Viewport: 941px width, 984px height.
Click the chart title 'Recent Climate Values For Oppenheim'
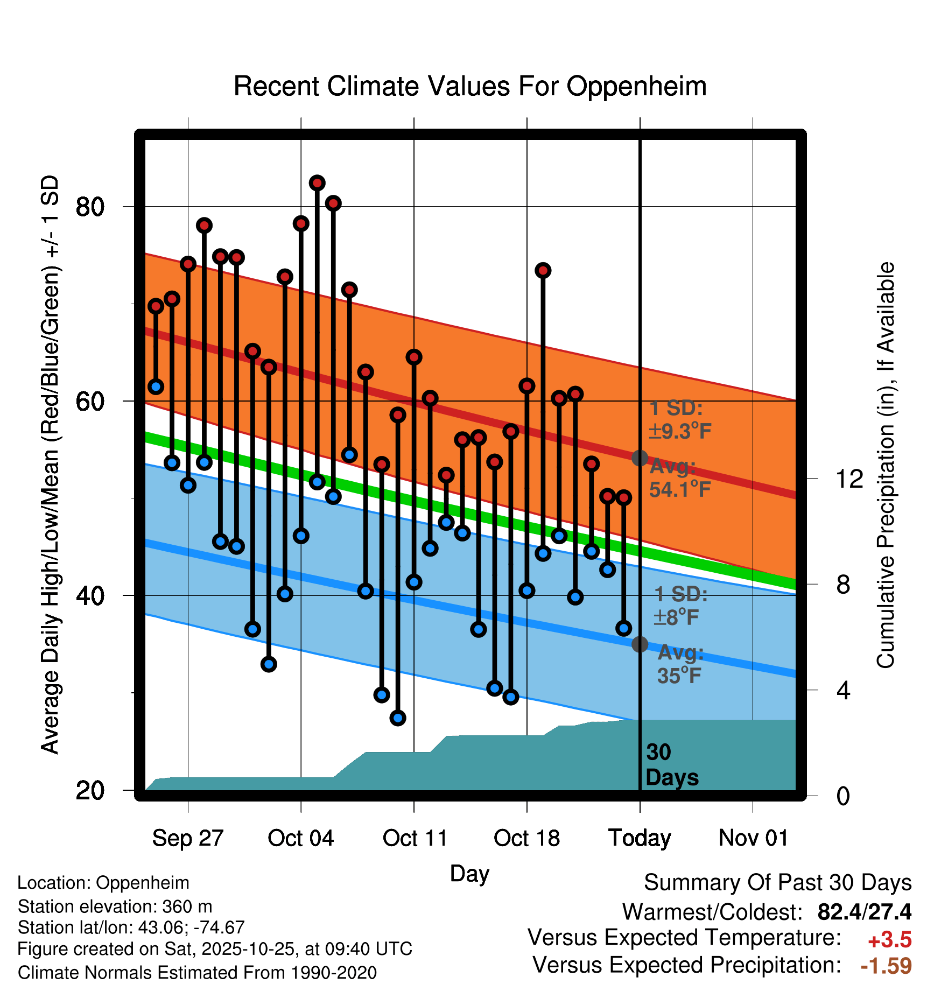click(x=470, y=86)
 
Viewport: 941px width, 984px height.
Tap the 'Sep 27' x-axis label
click(x=187, y=838)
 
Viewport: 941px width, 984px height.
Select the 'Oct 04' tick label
click(x=300, y=838)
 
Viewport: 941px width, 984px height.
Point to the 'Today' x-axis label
click(x=640, y=838)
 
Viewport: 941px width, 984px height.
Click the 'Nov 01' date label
click(x=753, y=838)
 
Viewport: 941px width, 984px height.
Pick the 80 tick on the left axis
click(x=90, y=207)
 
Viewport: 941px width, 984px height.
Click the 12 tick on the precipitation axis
click(x=849, y=479)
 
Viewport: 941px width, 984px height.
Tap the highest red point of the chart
click(x=317, y=183)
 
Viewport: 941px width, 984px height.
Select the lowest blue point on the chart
click(x=398, y=718)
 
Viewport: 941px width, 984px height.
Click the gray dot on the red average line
click(x=640, y=458)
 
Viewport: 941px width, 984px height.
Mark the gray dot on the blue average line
click(x=640, y=644)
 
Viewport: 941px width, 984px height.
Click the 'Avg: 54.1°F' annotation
click(x=679, y=478)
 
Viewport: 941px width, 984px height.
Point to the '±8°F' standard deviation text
click(x=676, y=617)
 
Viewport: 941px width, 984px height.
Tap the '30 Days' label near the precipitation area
click(x=671, y=765)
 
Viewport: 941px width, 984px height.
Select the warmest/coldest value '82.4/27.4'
click(x=864, y=912)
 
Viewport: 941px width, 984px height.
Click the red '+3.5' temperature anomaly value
click(x=889, y=940)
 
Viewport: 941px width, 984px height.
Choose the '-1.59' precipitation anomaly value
click(x=886, y=966)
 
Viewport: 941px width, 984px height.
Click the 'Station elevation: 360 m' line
click(x=115, y=906)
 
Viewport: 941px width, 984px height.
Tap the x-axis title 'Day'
click(x=469, y=873)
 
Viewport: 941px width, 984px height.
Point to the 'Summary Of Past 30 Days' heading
click(x=777, y=883)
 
